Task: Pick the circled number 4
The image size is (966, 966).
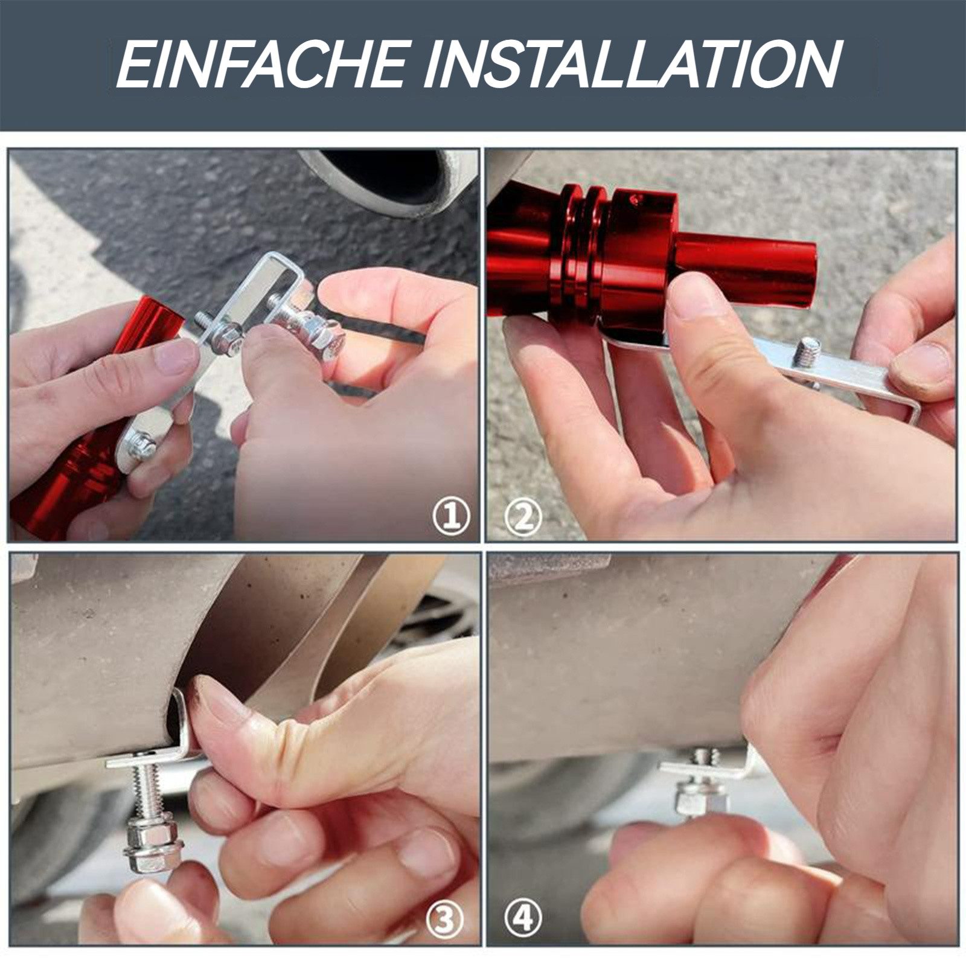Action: coord(523,919)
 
